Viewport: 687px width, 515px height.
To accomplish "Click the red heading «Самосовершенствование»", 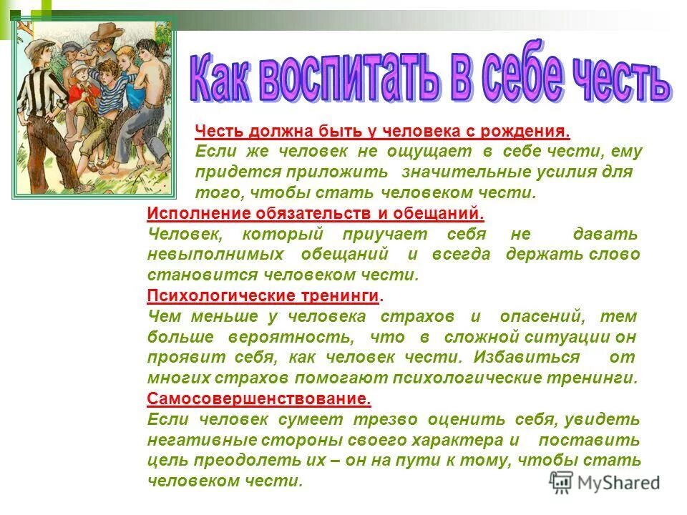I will click(258, 398).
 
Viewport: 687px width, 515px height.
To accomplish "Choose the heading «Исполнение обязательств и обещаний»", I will click(316, 212).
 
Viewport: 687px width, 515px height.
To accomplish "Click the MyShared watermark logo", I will click(605, 481).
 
